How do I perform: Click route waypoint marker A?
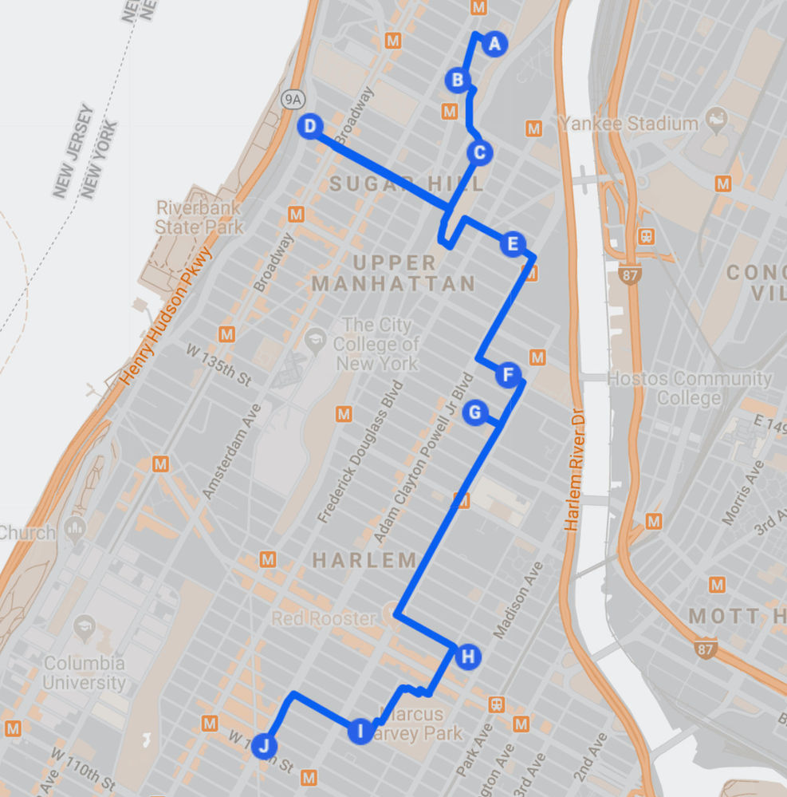coord(494,45)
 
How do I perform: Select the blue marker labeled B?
coord(458,80)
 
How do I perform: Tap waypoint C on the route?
coord(479,152)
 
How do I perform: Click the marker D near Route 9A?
coord(310,125)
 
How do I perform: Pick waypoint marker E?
coord(513,243)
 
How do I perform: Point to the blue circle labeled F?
coord(508,374)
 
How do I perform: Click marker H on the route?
coord(468,657)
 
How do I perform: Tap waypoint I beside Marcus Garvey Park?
coord(360,730)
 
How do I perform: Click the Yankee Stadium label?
coord(628,124)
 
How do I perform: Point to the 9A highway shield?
coord(293,99)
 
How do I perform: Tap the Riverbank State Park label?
coord(199,217)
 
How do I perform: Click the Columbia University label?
coord(84,673)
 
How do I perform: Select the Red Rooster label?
coord(323,618)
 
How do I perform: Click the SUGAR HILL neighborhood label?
coord(407,183)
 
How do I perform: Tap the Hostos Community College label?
coord(690,388)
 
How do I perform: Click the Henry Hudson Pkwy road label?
coord(168,316)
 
